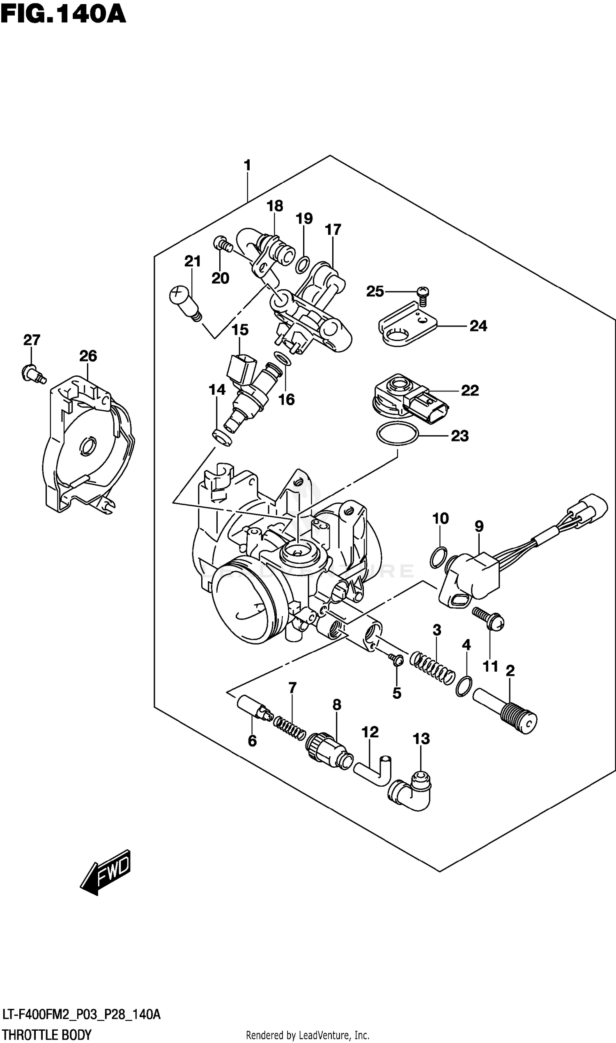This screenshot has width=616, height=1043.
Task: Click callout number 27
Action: (32, 340)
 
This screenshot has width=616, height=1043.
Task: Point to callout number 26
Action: (88, 356)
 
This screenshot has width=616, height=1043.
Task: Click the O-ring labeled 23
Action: (397, 434)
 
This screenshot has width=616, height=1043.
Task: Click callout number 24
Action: (478, 326)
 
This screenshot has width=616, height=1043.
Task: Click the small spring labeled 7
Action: (290, 728)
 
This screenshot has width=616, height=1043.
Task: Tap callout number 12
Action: (370, 732)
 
